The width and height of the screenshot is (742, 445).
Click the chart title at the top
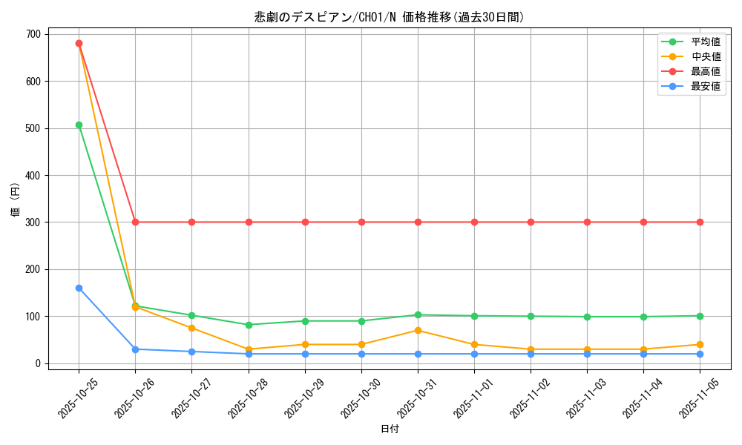[x=389, y=17]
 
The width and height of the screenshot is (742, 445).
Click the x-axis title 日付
[x=390, y=429]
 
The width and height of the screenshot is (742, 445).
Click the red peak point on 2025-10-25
[x=79, y=43]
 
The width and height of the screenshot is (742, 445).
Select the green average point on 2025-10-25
[x=79, y=125]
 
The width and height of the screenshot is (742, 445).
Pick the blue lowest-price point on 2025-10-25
[x=79, y=288]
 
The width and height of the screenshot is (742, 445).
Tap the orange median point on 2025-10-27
[x=191, y=328]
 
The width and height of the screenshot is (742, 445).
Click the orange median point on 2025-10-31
[x=418, y=330]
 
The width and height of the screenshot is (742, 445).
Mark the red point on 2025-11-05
[x=700, y=222]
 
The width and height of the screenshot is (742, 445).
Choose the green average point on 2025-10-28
[x=249, y=325]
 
